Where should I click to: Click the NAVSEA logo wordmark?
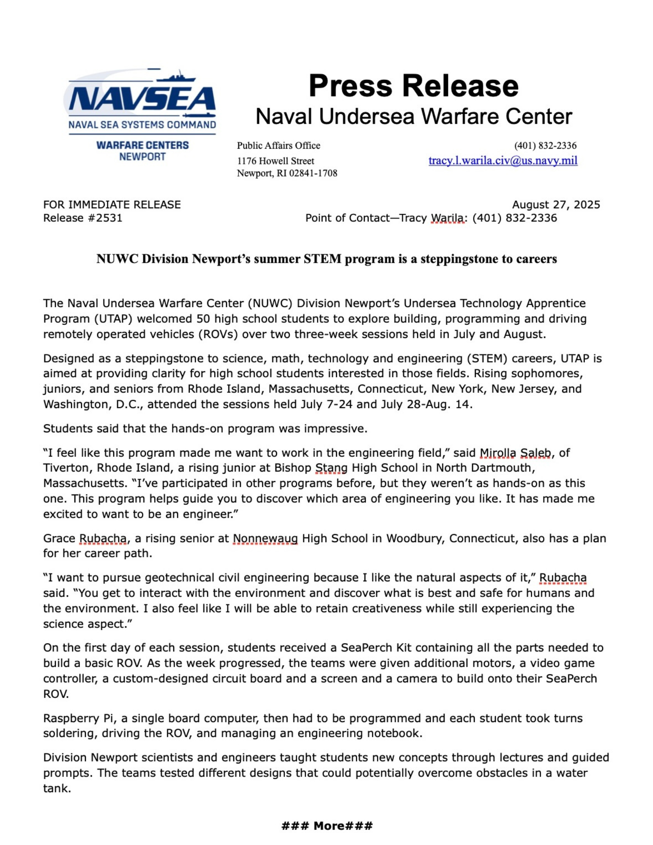142,99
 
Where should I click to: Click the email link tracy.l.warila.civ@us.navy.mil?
503,161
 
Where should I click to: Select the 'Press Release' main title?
413,86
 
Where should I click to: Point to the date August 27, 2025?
555,204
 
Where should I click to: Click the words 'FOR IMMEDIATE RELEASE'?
112,204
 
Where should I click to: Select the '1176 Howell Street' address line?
275,161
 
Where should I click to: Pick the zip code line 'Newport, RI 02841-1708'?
287,173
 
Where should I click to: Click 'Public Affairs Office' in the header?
278,146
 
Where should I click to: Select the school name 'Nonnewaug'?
265,538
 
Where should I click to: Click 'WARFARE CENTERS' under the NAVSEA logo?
142,145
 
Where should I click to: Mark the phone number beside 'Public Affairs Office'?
545,146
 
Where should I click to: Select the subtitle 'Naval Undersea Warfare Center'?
413,117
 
